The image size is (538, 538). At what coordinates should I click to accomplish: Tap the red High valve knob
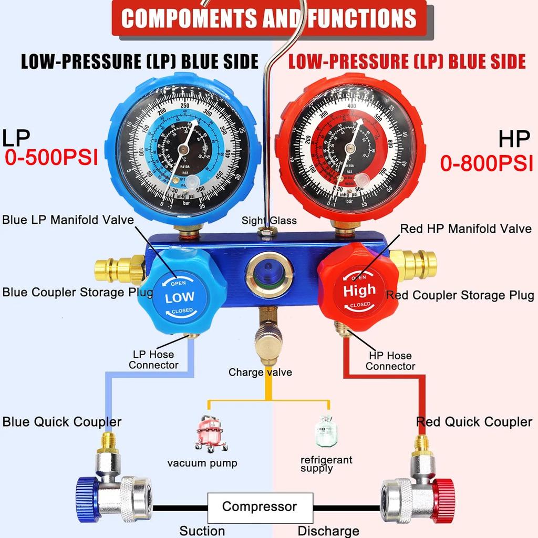click(x=359, y=289)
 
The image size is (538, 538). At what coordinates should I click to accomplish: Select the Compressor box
click(x=260, y=508)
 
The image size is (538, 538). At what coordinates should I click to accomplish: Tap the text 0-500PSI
click(x=51, y=158)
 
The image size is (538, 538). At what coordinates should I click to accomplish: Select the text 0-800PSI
click(x=486, y=164)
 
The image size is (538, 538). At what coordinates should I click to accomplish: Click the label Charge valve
click(x=260, y=373)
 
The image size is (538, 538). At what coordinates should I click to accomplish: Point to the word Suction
click(x=202, y=531)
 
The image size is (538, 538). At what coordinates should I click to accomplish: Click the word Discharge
click(x=328, y=531)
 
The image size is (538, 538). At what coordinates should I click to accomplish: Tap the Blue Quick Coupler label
click(x=62, y=422)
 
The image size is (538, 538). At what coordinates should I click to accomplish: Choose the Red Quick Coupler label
click(x=474, y=422)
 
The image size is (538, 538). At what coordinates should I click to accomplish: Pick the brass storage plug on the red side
click(x=417, y=264)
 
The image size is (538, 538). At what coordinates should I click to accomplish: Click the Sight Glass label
click(x=269, y=221)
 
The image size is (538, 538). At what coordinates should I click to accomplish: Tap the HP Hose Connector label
click(x=390, y=361)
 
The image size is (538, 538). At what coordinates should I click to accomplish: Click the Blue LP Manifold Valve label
click(x=68, y=220)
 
